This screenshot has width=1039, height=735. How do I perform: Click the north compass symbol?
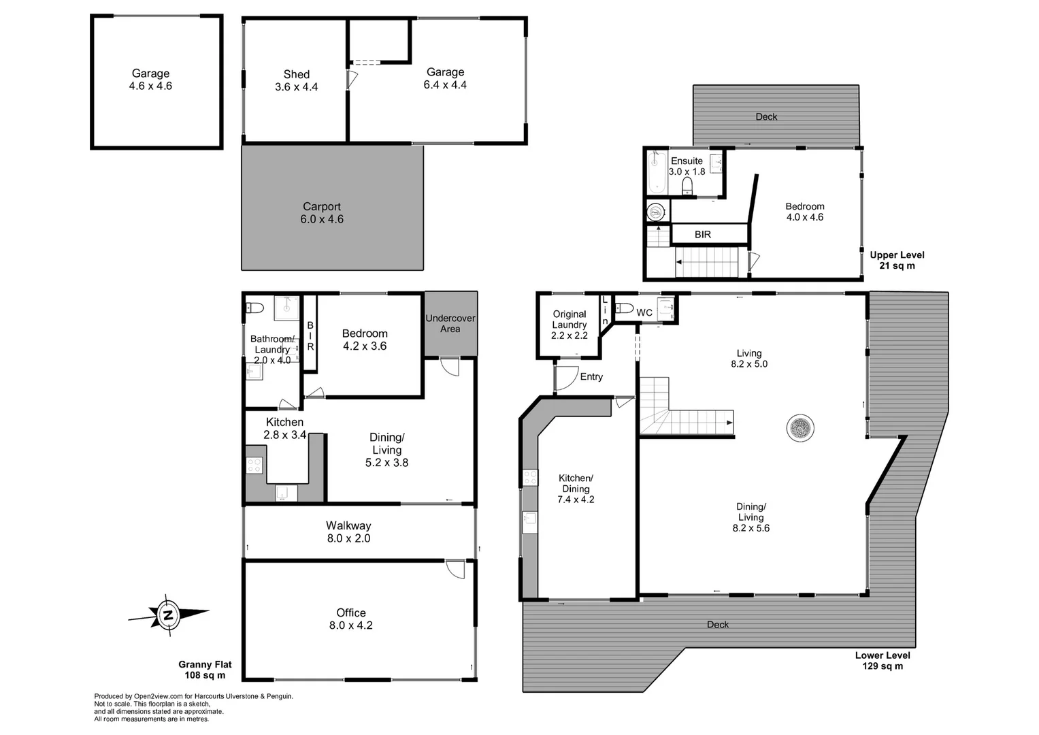point(168,615)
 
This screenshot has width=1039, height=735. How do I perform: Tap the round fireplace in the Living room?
point(799,429)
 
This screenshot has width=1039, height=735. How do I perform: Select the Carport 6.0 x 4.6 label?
point(321,213)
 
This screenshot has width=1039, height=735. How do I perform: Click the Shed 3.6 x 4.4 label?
point(296,80)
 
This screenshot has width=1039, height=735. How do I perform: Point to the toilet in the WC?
point(625,307)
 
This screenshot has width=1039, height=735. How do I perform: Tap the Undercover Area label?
point(450,323)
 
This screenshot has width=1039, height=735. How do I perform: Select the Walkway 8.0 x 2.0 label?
point(348,532)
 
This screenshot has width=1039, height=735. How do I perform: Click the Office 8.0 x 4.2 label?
point(350,619)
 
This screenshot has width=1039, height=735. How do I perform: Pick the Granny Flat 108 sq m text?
point(205,670)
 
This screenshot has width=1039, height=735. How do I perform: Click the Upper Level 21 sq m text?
point(897,260)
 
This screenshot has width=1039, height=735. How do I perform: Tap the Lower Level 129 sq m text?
point(883,660)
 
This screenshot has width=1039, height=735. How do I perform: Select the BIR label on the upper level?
point(703,234)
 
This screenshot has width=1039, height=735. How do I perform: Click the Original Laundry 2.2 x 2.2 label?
point(570,325)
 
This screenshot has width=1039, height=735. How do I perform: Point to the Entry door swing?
point(565,377)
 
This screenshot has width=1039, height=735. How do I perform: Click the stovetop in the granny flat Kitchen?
point(254,465)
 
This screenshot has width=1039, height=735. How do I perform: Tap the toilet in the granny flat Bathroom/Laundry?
point(254,307)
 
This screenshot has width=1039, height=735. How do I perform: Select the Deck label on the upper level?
point(766,117)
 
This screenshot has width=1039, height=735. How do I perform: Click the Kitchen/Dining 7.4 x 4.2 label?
point(576,489)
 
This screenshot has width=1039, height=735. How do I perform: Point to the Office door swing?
point(455,569)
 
